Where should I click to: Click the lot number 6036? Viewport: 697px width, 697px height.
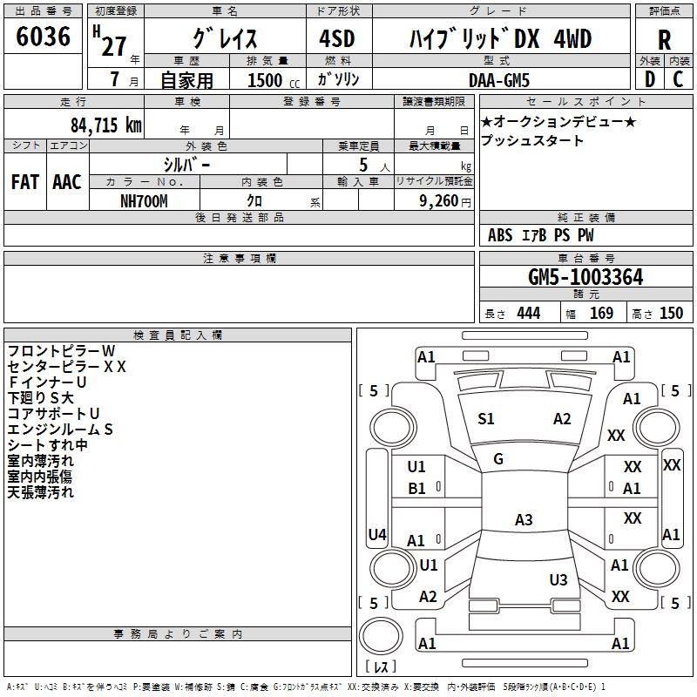[43, 37]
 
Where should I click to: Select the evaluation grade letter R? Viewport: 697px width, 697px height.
[664, 40]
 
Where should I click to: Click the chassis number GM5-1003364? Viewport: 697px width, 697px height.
[585, 277]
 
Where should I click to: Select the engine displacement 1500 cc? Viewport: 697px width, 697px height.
[266, 80]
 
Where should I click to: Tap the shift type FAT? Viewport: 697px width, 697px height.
[24, 181]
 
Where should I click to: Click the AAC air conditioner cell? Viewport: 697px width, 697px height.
[67, 181]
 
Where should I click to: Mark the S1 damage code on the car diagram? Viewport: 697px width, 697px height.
[486, 419]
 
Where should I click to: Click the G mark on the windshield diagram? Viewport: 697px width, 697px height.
[498, 459]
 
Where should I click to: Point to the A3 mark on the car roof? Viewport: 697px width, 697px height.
[523, 520]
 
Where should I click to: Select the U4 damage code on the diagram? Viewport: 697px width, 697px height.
[377, 534]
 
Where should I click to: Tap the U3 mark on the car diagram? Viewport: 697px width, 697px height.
[558, 579]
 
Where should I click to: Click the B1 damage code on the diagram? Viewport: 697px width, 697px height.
[417, 489]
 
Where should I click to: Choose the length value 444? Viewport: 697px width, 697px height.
[528, 314]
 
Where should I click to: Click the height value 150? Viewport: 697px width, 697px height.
[671, 314]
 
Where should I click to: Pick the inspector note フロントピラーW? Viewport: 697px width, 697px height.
[61, 350]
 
